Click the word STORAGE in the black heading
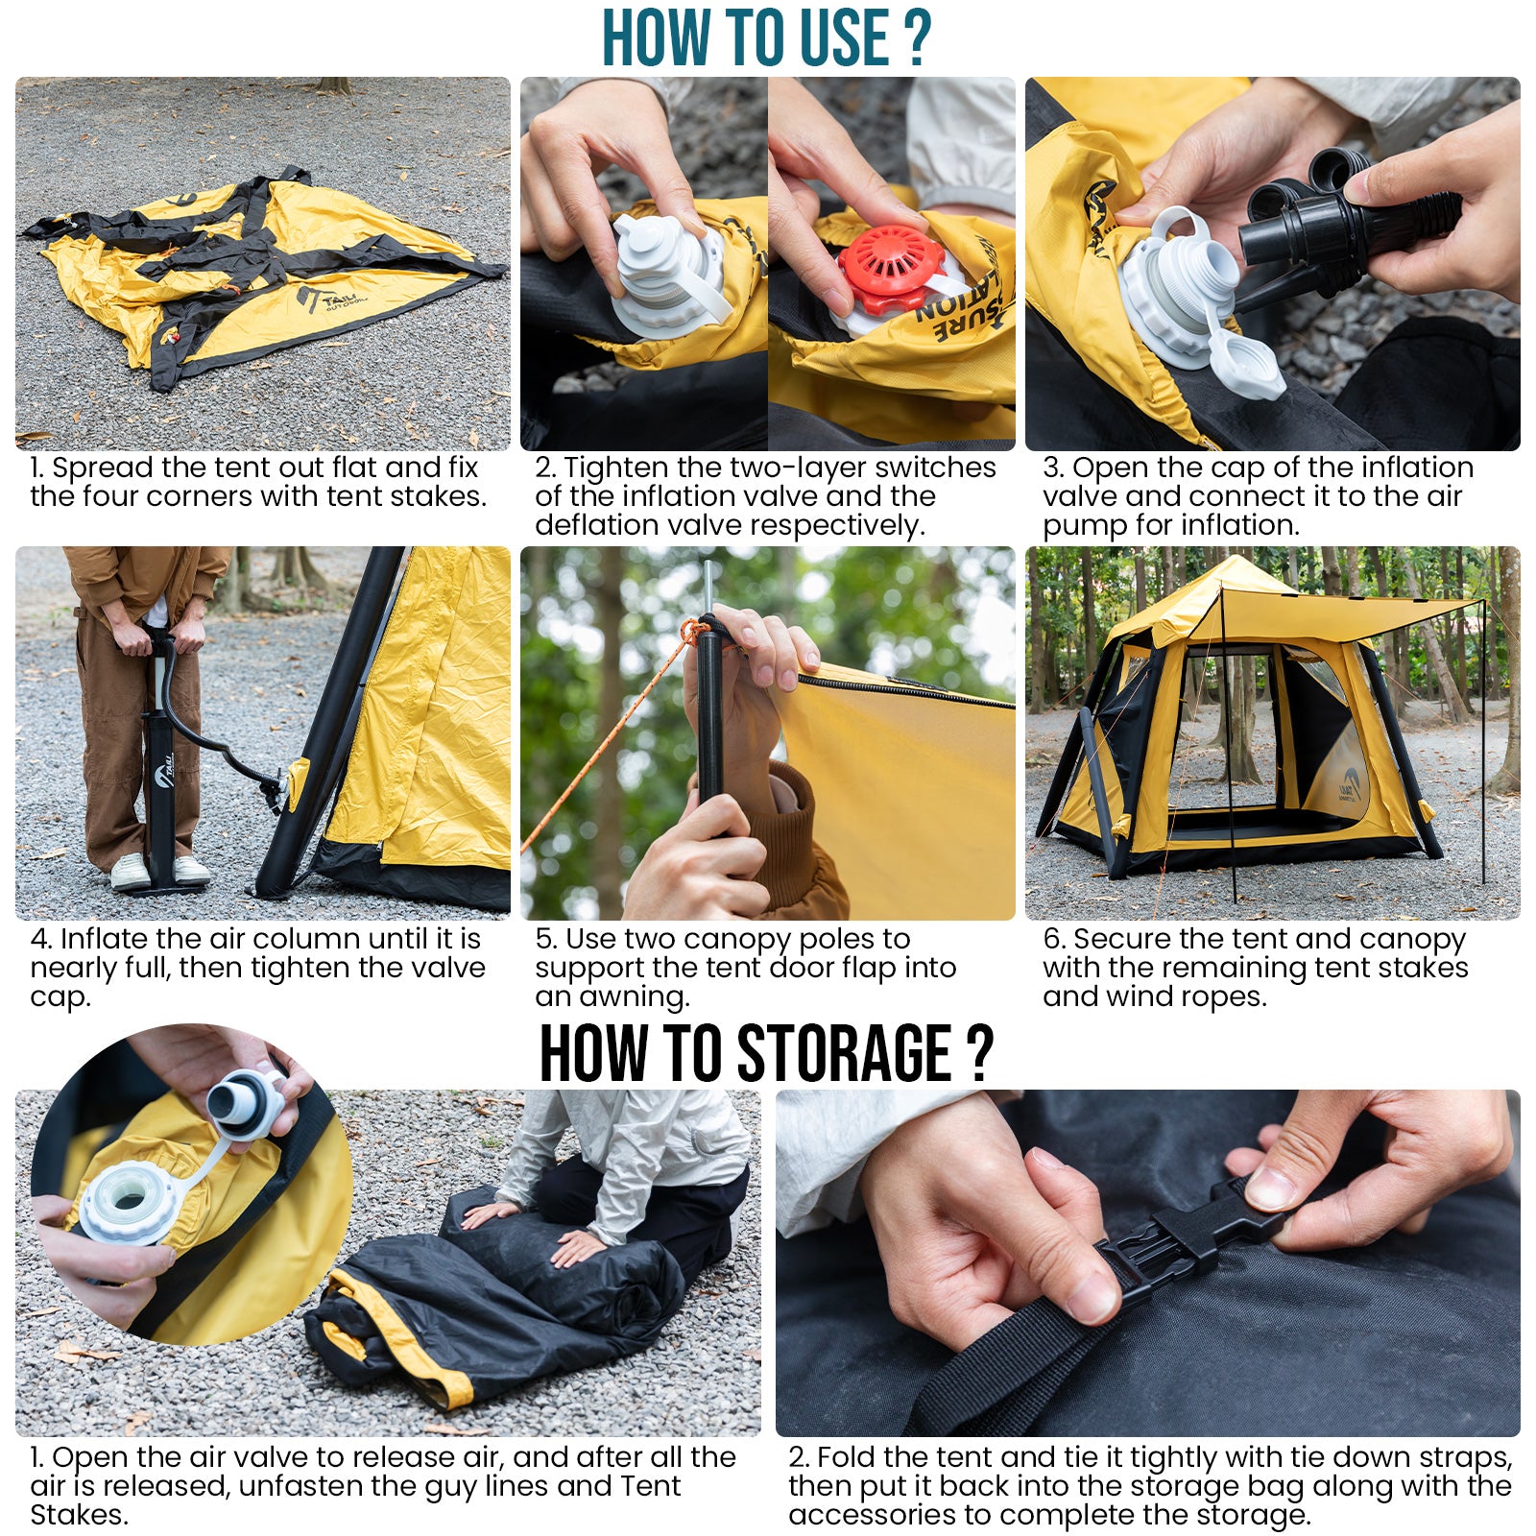[x=845, y=1053]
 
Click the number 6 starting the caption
[x=1052, y=938]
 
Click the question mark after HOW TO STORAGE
[x=978, y=1053]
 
